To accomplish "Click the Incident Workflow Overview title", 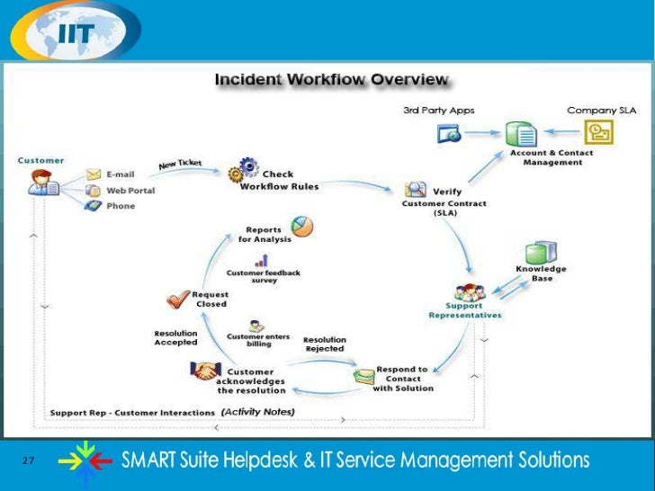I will click(x=331, y=80).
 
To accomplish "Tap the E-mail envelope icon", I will click(x=94, y=174).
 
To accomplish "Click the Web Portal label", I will click(x=130, y=191).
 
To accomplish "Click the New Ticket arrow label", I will click(x=180, y=165).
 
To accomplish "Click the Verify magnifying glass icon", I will click(x=416, y=190).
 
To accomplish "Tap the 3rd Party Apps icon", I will click(x=449, y=134).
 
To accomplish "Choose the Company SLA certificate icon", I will click(x=598, y=133).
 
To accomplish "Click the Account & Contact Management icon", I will click(x=520, y=135).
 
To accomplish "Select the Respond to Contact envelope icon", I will click(x=364, y=375).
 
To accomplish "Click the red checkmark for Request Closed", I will click(x=177, y=299).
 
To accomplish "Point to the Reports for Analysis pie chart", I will click(x=301, y=228).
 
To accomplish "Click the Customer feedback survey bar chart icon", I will click(x=262, y=261).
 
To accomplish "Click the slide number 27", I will click(x=28, y=460).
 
